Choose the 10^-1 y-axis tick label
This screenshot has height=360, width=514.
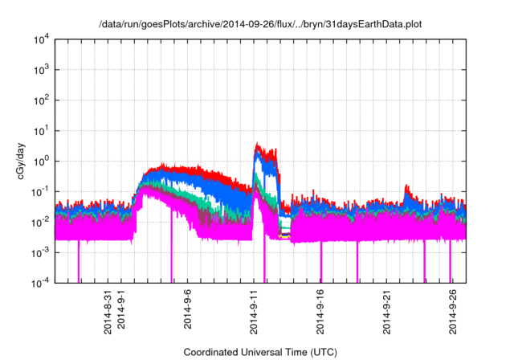[39, 191]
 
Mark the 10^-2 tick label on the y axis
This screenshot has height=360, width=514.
[39, 222]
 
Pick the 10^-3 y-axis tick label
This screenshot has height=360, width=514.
[39, 252]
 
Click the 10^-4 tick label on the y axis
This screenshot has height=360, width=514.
[39, 282]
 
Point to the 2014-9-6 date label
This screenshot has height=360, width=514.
[190, 309]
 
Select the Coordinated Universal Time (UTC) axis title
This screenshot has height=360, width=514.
[260, 352]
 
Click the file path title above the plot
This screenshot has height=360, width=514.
[260, 25]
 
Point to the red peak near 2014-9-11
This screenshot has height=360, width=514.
[257, 145]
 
